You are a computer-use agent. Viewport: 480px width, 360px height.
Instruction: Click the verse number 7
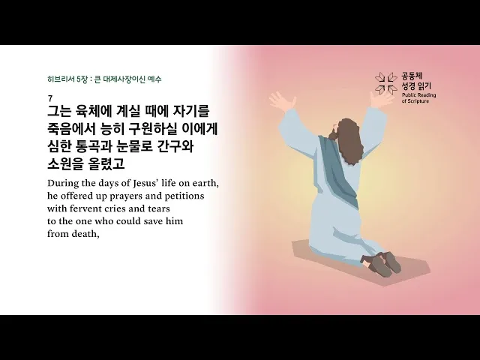pyautogui.click(x=49, y=98)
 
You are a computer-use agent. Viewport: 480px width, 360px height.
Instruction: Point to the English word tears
pyautogui.click(x=155, y=208)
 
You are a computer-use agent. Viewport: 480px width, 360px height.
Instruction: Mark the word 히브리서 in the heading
pyautogui.click(x=59, y=79)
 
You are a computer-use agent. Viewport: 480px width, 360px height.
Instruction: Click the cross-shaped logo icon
pyautogui.click(x=386, y=83)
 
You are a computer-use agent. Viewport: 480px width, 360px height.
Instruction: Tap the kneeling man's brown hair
pyautogui.click(x=347, y=136)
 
